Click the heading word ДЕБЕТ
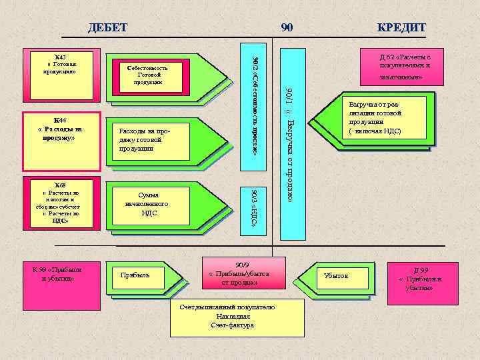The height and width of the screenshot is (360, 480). (x=107, y=27)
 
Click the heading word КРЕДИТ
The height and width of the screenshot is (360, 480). (x=401, y=27)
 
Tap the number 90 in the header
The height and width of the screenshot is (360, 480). (x=287, y=27)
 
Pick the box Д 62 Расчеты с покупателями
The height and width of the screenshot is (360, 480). (x=404, y=67)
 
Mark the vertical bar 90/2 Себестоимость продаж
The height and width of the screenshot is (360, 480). (x=258, y=107)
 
